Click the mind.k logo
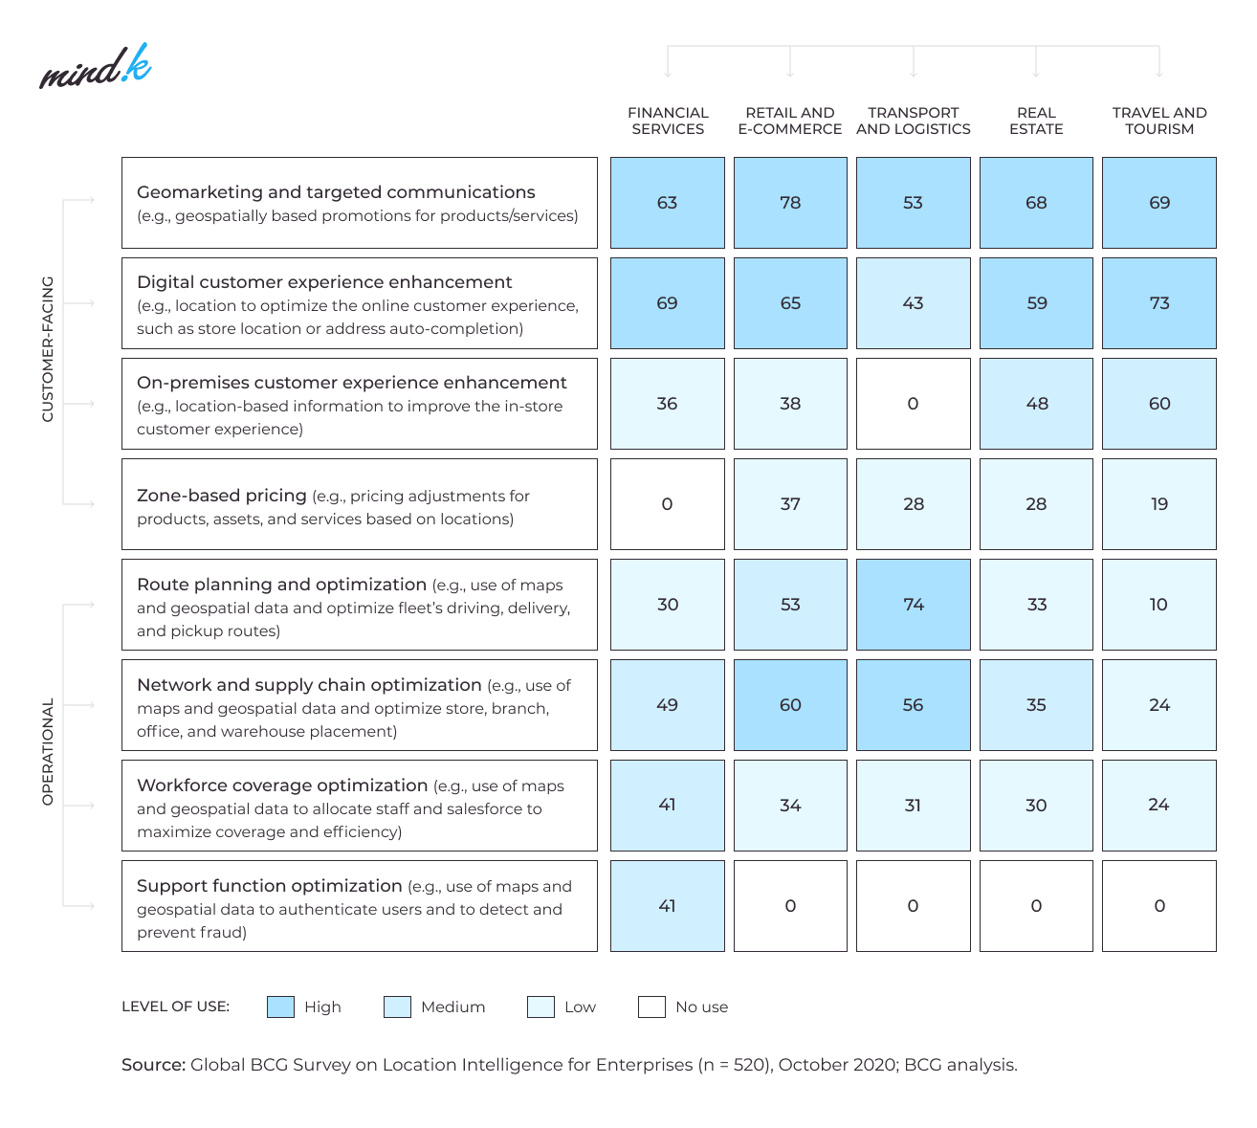pos(95,67)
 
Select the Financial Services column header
pos(668,121)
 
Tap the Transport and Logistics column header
pos(913,121)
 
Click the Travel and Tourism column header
pos(1158,121)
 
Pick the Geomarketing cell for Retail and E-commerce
pos(790,203)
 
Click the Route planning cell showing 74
pos(913,605)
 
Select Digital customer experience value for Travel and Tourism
pos(1158,303)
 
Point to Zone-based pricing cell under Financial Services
pos(668,504)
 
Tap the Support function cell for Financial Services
pos(668,906)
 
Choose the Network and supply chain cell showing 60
pos(790,705)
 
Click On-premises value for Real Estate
pos(1036,404)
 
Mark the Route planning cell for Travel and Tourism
pos(1158,605)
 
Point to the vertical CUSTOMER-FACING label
pos(48,349)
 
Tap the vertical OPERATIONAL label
pos(48,751)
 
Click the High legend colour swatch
pos(280,1006)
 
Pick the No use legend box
pos(651,1006)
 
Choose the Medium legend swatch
pos(397,1006)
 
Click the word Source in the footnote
pos(153,1065)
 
